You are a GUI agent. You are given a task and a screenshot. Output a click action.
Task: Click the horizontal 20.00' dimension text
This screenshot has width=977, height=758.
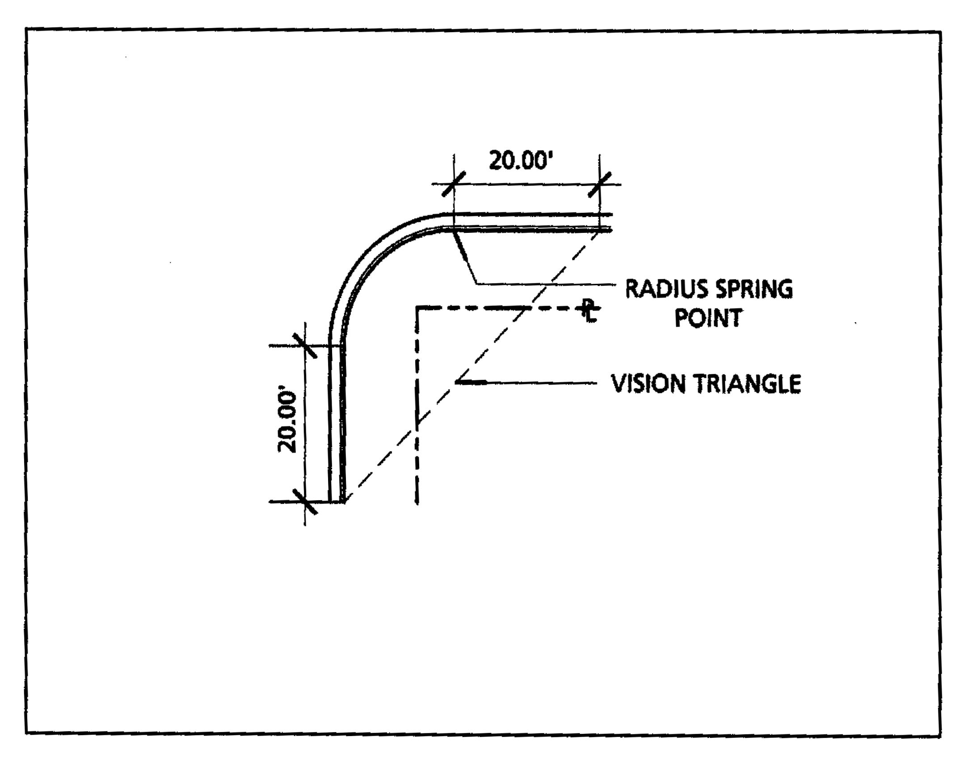[x=518, y=160]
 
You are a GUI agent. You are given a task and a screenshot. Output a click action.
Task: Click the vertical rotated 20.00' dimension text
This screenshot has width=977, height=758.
[x=287, y=423]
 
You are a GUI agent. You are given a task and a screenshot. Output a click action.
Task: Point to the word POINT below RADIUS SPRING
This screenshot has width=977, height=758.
[x=708, y=319]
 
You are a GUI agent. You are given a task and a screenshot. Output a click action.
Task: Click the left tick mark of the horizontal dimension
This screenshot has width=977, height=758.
[x=454, y=184]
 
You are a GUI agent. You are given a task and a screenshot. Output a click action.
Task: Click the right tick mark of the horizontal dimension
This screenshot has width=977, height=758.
[x=599, y=184]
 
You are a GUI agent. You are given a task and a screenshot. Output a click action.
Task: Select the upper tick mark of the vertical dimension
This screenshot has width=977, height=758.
[x=305, y=345]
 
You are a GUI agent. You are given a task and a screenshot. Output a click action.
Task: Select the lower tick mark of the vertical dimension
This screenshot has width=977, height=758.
[x=305, y=501]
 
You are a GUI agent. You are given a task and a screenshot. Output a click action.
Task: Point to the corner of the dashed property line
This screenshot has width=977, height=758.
[x=417, y=308]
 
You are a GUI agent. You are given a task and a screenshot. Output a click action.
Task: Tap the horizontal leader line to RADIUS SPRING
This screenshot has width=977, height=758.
[x=546, y=284]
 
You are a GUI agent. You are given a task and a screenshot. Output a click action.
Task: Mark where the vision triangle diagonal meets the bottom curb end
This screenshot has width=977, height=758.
[x=345, y=501]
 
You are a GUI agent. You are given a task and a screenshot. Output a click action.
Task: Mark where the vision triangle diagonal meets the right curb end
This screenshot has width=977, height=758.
[x=598, y=232]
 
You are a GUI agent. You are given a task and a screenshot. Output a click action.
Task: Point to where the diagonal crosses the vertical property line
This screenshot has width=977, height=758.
[x=417, y=423]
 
